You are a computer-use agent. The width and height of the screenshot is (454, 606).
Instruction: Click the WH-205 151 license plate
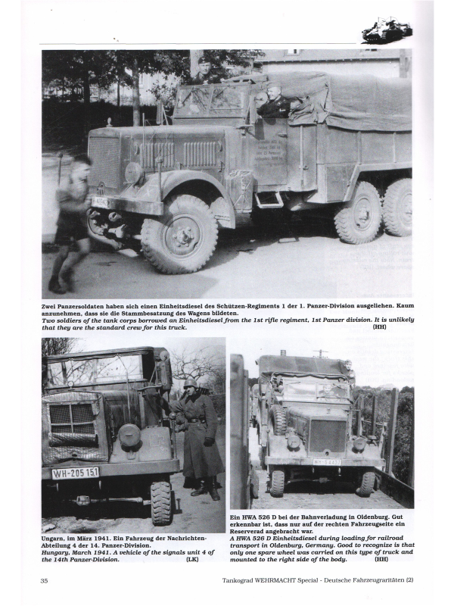tap(76, 473)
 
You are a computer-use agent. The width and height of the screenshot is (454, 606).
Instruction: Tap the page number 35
tap(44, 580)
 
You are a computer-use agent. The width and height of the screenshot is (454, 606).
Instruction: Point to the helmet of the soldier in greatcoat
tap(191, 383)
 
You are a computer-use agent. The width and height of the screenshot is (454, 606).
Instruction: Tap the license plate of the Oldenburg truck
tap(327, 461)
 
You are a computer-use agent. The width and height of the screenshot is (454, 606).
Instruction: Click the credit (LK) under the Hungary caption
tap(192, 559)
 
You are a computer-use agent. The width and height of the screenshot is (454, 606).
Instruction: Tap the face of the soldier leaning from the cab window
tap(272, 96)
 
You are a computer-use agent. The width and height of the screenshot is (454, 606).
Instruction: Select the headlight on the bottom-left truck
tap(129, 436)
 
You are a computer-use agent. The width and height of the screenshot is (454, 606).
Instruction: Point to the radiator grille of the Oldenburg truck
tap(328, 436)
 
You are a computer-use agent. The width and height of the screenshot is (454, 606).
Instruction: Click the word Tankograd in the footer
tap(237, 580)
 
